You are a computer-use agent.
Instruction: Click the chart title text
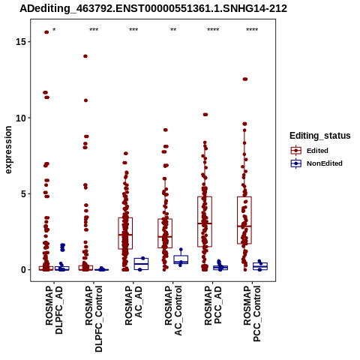point(153,8)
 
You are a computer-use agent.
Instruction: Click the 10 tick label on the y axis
point(21,118)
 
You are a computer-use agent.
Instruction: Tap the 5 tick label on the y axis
point(23,193)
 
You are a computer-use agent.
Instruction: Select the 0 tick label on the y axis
point(23,270)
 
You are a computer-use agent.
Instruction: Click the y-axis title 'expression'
point(8,150)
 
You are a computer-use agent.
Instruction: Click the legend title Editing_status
point(320,136)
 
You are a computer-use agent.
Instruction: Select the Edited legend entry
point(310,151)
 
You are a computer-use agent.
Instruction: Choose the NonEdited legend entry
point(316,163)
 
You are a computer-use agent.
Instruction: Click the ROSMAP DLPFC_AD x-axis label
point(54,310)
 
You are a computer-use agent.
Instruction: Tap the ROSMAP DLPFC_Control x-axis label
point(94,319)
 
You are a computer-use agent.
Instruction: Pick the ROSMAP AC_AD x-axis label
point(133,305)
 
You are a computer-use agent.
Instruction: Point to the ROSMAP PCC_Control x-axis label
point(252,313)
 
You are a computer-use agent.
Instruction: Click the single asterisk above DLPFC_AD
point(54,30)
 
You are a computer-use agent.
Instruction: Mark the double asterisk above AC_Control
point(173,30)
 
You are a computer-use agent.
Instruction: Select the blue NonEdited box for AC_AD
point(141,264)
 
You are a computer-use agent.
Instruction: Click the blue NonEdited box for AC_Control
point(181,259)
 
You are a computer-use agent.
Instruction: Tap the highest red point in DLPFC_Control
point(85,56)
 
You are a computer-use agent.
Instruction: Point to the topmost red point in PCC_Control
point(245,79)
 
